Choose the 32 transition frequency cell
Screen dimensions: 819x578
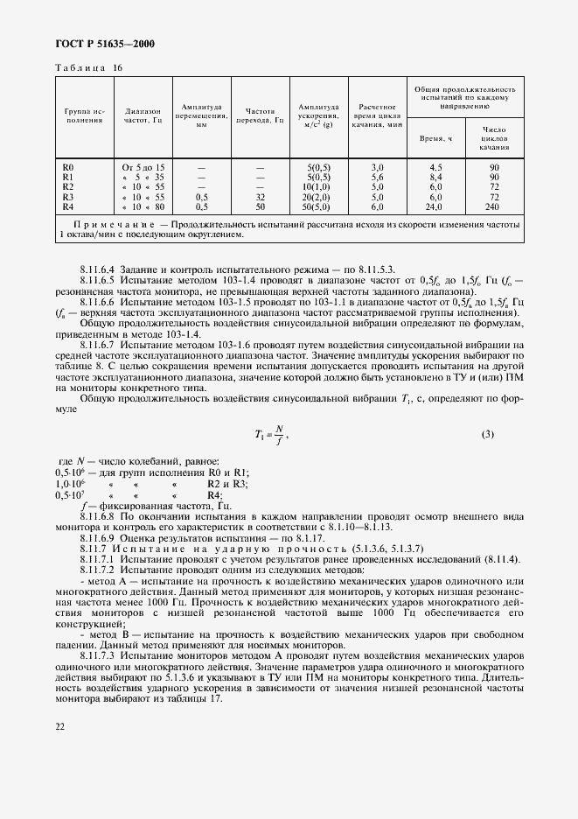[x=260, y=196]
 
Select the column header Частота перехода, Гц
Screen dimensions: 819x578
[x=260, y=116]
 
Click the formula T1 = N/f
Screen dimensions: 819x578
[x=271, y=434]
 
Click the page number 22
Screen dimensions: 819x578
[x=60, y=725]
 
